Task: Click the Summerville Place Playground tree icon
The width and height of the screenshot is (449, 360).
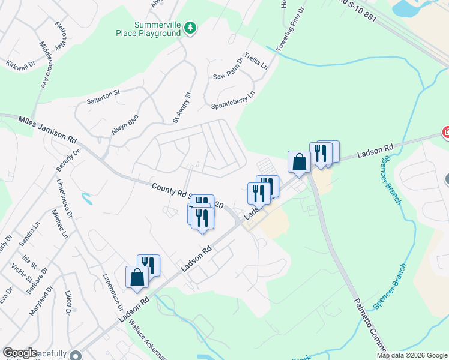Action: click(190, 29)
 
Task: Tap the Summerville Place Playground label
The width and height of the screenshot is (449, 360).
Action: click(148, 29)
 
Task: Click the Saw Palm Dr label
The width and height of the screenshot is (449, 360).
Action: click(228, 69)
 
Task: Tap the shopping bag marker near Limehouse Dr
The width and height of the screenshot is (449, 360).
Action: click(137, 277)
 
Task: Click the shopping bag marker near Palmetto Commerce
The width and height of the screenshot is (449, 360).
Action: click(299, 161)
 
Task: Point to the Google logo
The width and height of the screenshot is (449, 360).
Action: click(20, 353)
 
